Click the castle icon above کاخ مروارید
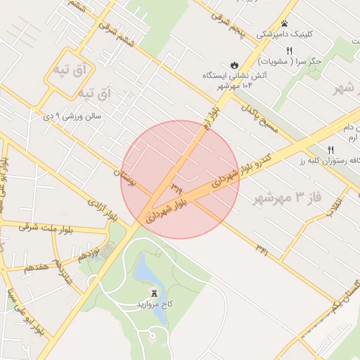click(x=154, y=293)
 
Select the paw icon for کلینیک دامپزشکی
click(x=284, y=24)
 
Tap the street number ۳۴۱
click(x=262, y=249)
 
